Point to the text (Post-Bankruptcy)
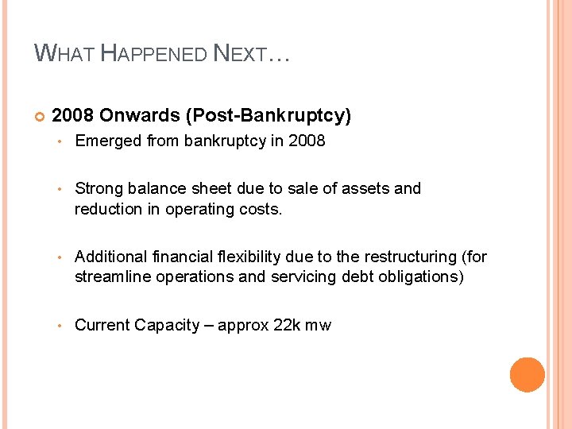(268, 116)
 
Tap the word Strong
(97, 188)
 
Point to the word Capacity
(167, 325)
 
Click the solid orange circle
(528, 375)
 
